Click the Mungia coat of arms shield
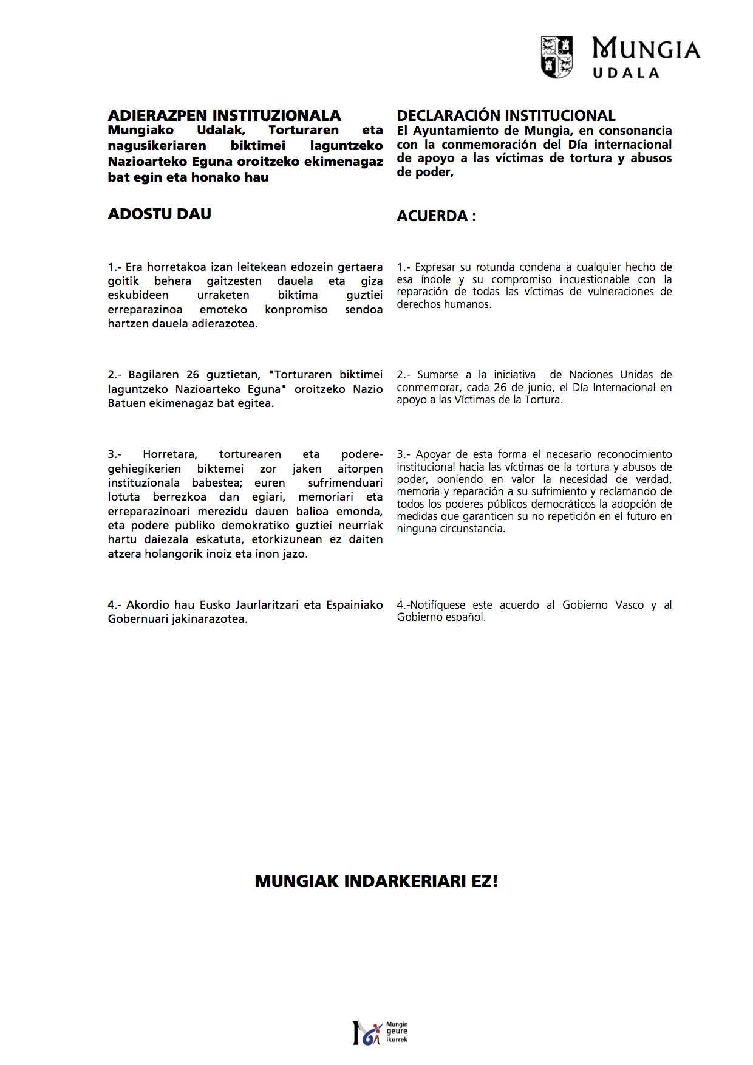(557, 57)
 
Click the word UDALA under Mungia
(625, 73)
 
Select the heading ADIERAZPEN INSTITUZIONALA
(224, 115)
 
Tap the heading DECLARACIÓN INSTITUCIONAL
(506, 115)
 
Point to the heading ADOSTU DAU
(159, 214)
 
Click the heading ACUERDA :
(436, 216)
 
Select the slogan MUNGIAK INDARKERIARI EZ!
(376, 882)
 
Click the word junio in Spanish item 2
(537, 388)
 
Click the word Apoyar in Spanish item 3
(434, 454)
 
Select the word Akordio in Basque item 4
(147, 605)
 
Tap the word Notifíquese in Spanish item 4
(437, 605)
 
